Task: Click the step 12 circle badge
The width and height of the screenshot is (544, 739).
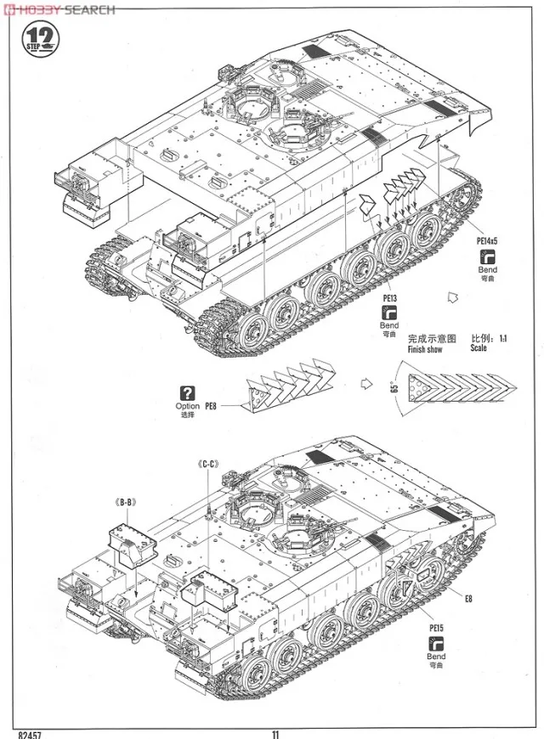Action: point(37,38)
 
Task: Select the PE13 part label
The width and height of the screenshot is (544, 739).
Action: point(390,299)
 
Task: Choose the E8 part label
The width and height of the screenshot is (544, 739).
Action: point(469,597)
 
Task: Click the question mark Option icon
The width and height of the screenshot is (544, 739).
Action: point(187,392)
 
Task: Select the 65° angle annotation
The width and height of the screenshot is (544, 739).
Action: point(394,384)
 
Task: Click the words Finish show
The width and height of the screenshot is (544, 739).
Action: point(425,349)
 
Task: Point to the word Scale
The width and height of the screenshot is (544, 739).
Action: point(479,348)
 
